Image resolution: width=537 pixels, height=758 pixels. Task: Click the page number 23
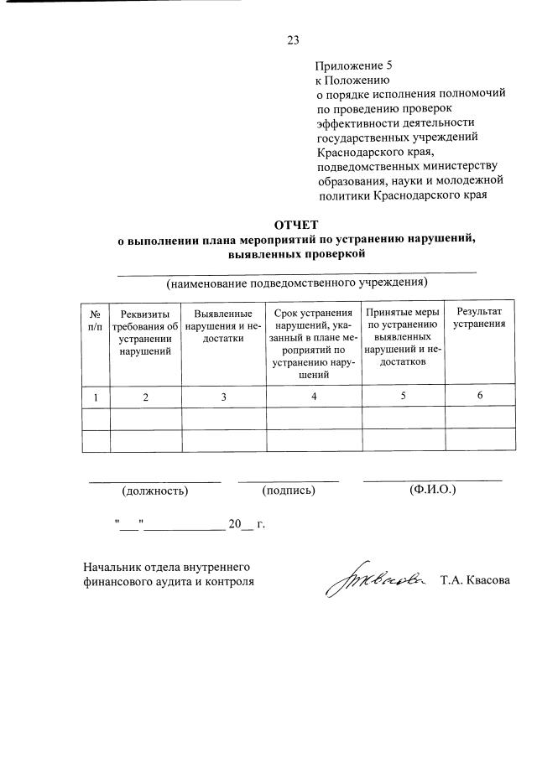[x=293, y=39]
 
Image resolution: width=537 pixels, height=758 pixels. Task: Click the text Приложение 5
[x=353, y=65]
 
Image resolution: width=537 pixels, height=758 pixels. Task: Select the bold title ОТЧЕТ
[x=296, y=224]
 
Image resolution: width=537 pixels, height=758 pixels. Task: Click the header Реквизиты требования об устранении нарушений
[x=145, y=331]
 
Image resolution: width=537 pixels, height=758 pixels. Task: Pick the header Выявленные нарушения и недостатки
[x=223, y=325]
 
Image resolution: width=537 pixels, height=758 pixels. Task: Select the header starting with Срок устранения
[x=313, y=343]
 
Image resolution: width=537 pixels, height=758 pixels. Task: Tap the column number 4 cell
[x=313, y=397]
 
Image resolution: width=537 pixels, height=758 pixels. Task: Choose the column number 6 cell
[x=479, y=396]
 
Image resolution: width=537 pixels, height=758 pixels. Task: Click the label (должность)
[x=155, y=490]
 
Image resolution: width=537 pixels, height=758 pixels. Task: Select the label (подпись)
[x=289, y=490]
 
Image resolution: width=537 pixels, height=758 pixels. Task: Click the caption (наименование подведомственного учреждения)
[x=296, y=281]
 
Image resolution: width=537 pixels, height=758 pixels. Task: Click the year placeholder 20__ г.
[x=246, y=525]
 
